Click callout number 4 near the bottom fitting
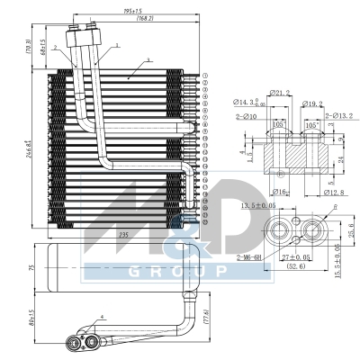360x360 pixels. (103, 316)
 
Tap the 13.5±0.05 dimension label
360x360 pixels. (262, 206)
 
